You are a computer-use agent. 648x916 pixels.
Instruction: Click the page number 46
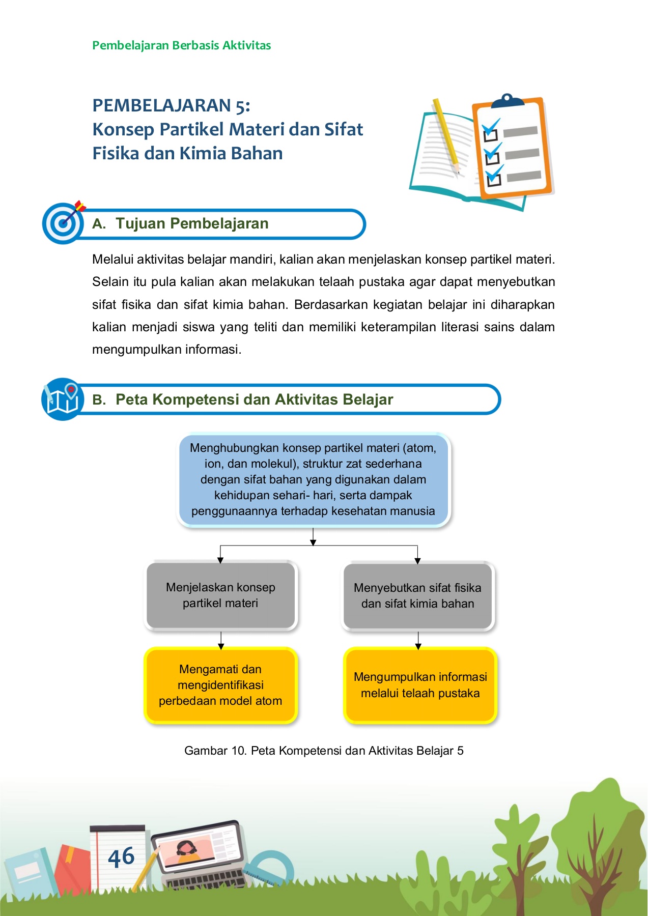(121, 857)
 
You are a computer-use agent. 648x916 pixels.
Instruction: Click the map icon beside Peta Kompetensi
(62, 399)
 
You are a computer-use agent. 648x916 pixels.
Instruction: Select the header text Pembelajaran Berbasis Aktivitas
(181, 45)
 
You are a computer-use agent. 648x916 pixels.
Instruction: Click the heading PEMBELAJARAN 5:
(171, 105)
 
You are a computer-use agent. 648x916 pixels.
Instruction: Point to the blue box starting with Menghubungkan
(313, 479)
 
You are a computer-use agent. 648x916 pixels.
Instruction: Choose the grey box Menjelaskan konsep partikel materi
(220, 595)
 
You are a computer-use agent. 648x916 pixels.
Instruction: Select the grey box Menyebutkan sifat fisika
(417, 595)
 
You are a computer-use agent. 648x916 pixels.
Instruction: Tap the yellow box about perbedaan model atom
(220, 685)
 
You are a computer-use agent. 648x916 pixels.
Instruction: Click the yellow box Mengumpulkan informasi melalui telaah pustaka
(420, 685)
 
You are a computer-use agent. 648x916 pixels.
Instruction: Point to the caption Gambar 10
(324, 751)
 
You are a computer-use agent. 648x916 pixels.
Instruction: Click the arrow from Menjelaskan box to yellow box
(221, 640)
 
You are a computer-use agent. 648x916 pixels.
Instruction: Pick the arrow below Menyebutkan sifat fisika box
(418, 640)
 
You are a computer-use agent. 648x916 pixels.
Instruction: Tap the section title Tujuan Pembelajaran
(192, 223)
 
